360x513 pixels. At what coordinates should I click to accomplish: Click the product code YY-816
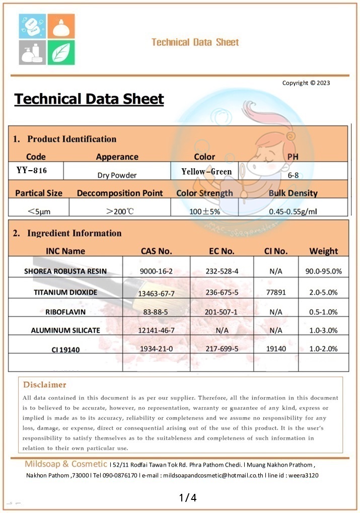(32, 170)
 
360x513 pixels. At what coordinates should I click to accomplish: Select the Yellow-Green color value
(206, 172)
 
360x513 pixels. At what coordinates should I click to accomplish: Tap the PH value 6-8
(293, 176)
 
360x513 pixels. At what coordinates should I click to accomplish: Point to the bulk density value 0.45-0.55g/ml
(293, 211)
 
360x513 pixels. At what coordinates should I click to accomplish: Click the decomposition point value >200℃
(120, 211)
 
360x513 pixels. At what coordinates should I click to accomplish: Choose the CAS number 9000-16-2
(156, 271)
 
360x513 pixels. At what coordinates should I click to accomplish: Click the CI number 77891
(275, 292)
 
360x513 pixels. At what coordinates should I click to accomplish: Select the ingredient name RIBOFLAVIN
(65, 312)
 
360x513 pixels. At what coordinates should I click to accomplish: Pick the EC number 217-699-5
(222, 348)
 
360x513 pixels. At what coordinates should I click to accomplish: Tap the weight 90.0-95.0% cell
(323, 271)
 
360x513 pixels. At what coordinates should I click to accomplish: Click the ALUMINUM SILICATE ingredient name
(65, 330)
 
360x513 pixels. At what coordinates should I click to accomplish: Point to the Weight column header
(323, 251)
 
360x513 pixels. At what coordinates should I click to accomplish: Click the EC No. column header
(222, 251)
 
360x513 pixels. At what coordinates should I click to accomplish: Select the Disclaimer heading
(44, 385)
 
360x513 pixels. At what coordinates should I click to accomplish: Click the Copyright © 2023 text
(306, 83)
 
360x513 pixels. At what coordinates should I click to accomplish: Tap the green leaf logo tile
(61, 52)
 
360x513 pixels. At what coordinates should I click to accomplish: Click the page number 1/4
(187, 498)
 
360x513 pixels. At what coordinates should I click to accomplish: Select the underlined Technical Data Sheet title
(89, 99)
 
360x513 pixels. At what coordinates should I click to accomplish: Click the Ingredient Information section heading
(74, 233)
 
